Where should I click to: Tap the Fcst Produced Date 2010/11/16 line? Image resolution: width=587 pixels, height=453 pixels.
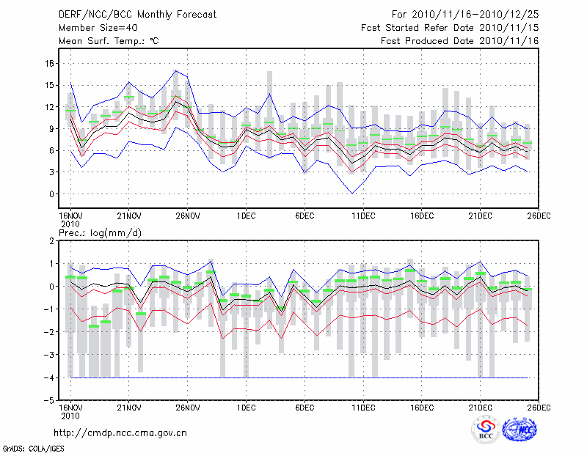click(x=460, y=41)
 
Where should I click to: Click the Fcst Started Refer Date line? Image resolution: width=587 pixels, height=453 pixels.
click(x=450, y=28)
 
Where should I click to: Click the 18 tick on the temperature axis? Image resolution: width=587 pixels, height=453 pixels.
click(x=50, y=63)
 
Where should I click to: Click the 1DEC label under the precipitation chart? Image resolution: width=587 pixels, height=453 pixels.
click(x=246, y=407)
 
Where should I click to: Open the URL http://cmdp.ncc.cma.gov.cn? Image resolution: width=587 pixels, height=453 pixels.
click(x=121, y=432)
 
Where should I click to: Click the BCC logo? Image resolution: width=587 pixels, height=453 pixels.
click(x=486, y=430)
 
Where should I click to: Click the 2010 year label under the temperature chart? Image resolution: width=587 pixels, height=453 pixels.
click(x=70, y=223)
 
